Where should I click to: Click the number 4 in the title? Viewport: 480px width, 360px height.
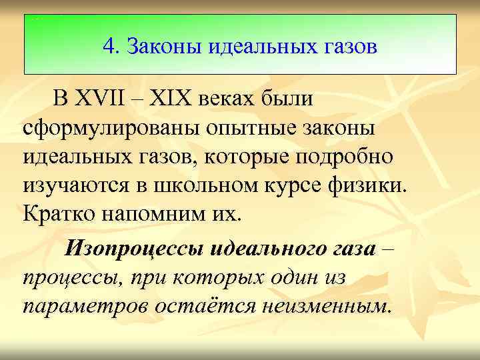pyautogui.click(x=109, y=47)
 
